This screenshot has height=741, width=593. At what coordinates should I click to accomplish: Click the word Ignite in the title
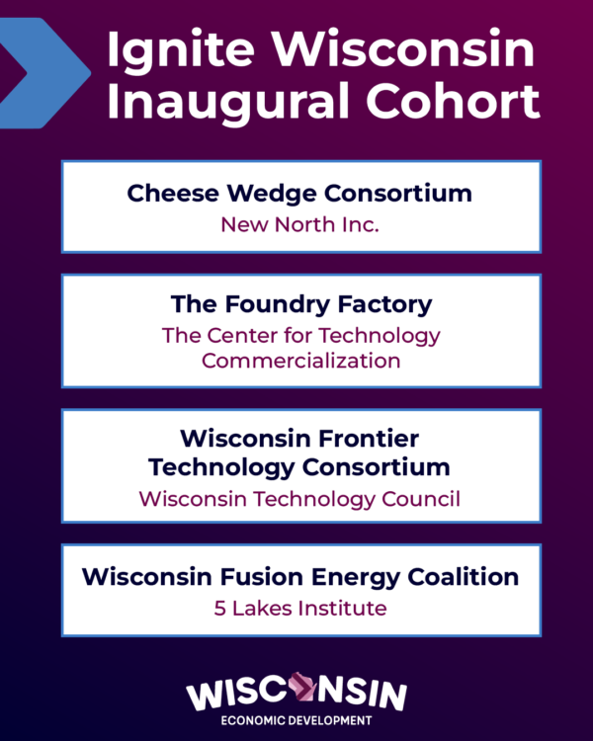(167, 51)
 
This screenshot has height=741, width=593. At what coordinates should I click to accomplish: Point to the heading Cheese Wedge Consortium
(299, 193)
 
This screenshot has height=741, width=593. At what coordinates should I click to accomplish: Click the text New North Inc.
(299, 225)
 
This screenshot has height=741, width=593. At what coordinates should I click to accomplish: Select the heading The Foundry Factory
(301, 303)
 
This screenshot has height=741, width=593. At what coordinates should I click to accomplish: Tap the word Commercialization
(301, 361)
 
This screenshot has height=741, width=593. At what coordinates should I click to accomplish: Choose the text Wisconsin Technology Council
(299, 499)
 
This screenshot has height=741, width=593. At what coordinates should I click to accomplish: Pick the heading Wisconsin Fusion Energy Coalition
(300, 575)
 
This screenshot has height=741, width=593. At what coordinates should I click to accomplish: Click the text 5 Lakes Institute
(300, 608)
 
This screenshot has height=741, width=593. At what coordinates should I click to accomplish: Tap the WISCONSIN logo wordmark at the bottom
(296, 692)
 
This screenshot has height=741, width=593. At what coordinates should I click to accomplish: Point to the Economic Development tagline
(296, 721)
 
